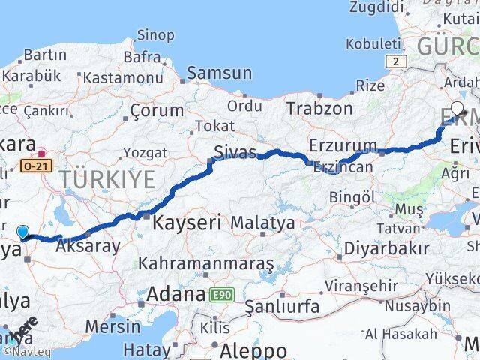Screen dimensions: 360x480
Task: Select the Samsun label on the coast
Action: point(219,73)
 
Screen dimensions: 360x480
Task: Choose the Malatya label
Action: point(262,223)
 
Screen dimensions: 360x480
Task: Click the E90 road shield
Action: point(223,294)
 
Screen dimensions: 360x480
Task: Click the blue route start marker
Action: point(22,232)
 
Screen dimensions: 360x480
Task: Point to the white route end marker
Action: point(457,107)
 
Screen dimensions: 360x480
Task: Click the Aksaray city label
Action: point(87,245)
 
